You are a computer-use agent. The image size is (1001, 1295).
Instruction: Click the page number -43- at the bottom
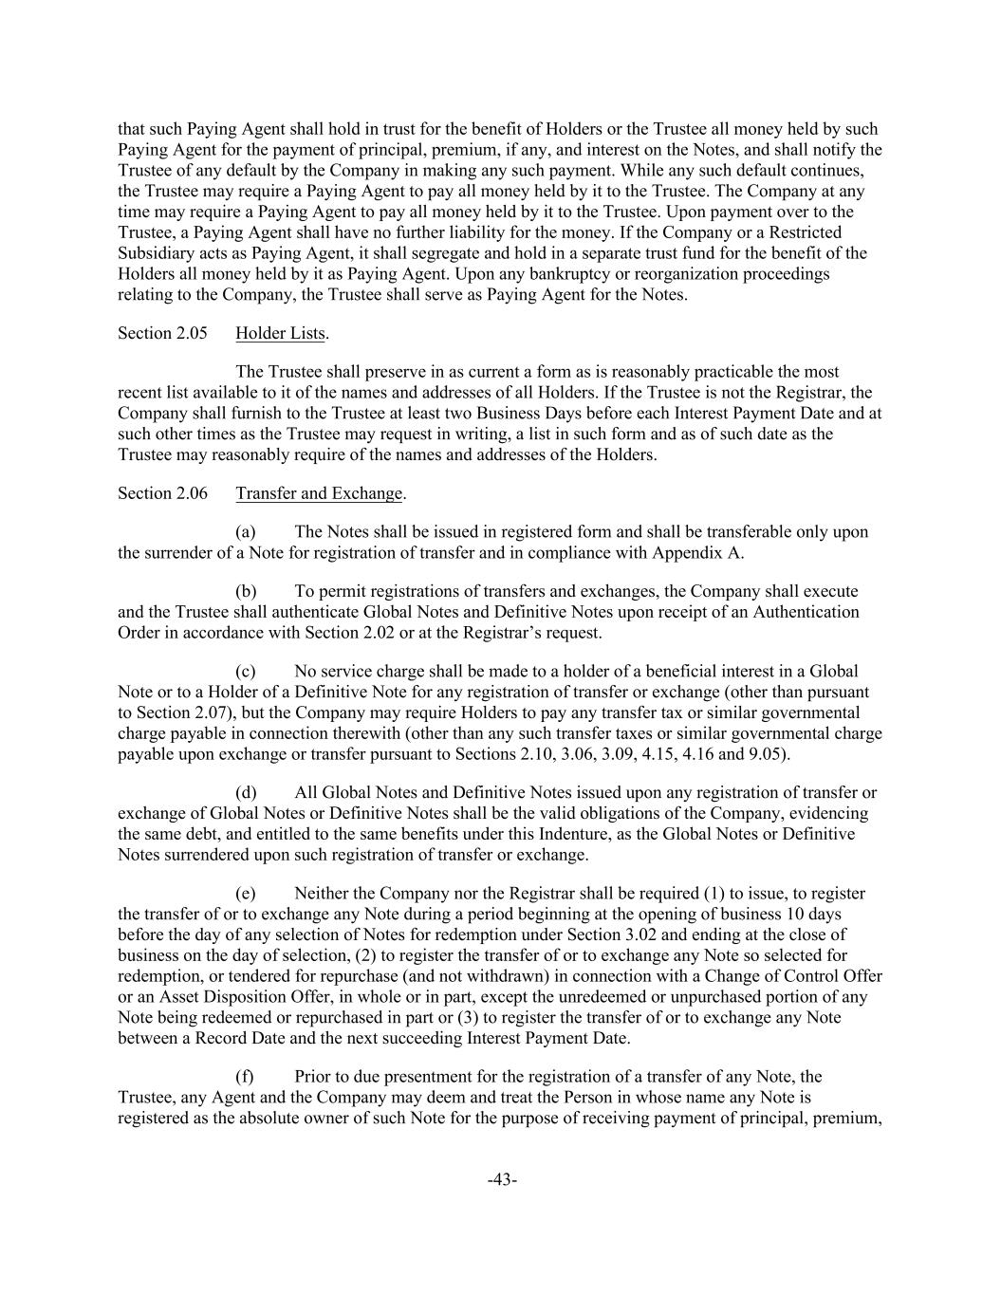point(501,1179)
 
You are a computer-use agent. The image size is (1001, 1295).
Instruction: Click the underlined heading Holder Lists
point(280,333)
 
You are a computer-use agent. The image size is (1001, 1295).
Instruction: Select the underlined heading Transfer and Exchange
point(320,492)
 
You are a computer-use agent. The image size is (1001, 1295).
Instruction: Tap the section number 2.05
point(192,333)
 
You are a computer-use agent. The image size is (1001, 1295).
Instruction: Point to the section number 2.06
point(192,492)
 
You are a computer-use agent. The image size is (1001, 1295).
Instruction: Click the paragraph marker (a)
point(246,531)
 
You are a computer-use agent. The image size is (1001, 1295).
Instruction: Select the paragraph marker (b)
point(246,591)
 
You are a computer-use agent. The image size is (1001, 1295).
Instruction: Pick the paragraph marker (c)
point(245,672)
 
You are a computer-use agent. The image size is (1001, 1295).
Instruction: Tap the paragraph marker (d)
point(246,792)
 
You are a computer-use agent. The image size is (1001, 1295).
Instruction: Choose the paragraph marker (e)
point(245,893)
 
